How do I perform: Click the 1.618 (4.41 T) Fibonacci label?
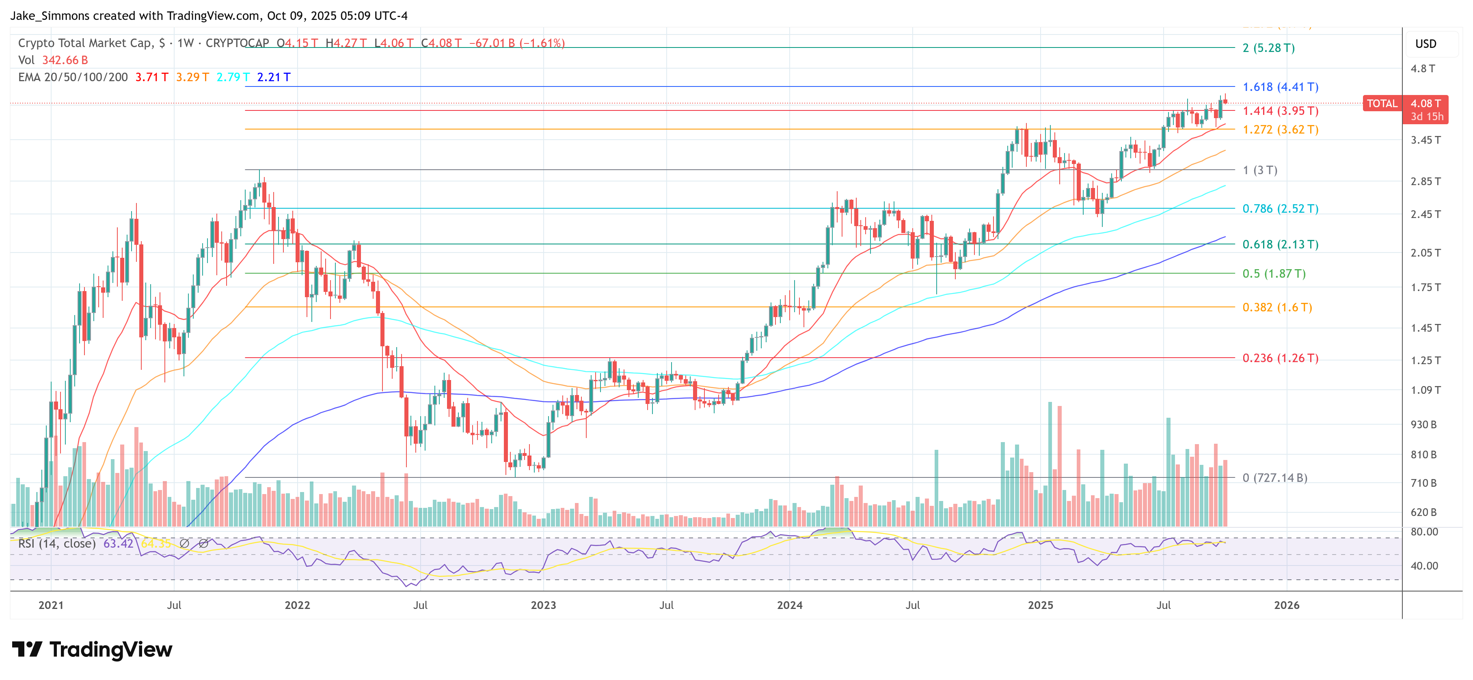[1280, 87]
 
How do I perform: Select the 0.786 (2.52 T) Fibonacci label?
[1280, 209]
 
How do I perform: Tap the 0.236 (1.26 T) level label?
[1280, 358]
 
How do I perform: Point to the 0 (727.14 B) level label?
[1274, 477]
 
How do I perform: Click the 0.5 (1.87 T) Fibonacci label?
[1274, 273]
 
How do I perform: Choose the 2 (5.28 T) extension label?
[1268, 48]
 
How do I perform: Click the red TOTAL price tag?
[1382, 104]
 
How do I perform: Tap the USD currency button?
[1425, 44]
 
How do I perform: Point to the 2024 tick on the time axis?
[789, 605]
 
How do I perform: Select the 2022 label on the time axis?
[297, 605]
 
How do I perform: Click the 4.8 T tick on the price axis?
[1423, 69]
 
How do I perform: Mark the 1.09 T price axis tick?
[1425, 390]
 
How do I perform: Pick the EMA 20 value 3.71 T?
[151, 77]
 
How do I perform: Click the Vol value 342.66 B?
[65, 60]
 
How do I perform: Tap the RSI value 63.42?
[118, 543]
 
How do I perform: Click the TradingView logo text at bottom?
[110, 650]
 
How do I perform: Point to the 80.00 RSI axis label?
[1424, 532]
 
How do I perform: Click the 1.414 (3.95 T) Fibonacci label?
[1280, 111]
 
